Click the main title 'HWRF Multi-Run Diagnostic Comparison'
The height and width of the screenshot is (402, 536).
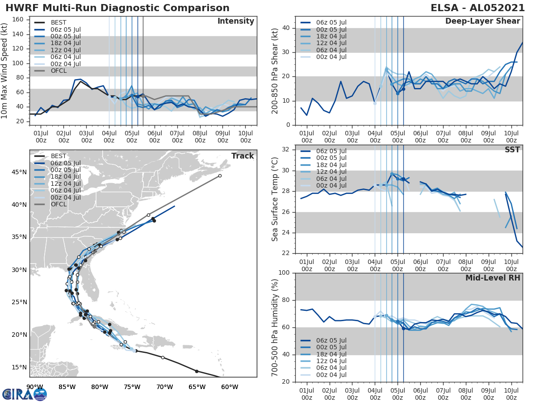click(x=117, y=8)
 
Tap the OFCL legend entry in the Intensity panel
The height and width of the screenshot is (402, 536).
click(x=58, y=71)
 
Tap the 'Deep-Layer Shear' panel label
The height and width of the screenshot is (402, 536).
click(x=482, y=21)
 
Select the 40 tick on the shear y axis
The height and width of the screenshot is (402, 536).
click(x=286, y=28)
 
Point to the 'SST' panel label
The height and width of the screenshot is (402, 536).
click(x=512, y=150)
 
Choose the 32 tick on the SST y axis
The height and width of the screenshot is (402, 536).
click(x=286, y=150)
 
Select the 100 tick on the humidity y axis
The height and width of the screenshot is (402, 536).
click(x=285, y=273)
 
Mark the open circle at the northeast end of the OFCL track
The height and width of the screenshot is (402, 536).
click(x=220, y=176)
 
